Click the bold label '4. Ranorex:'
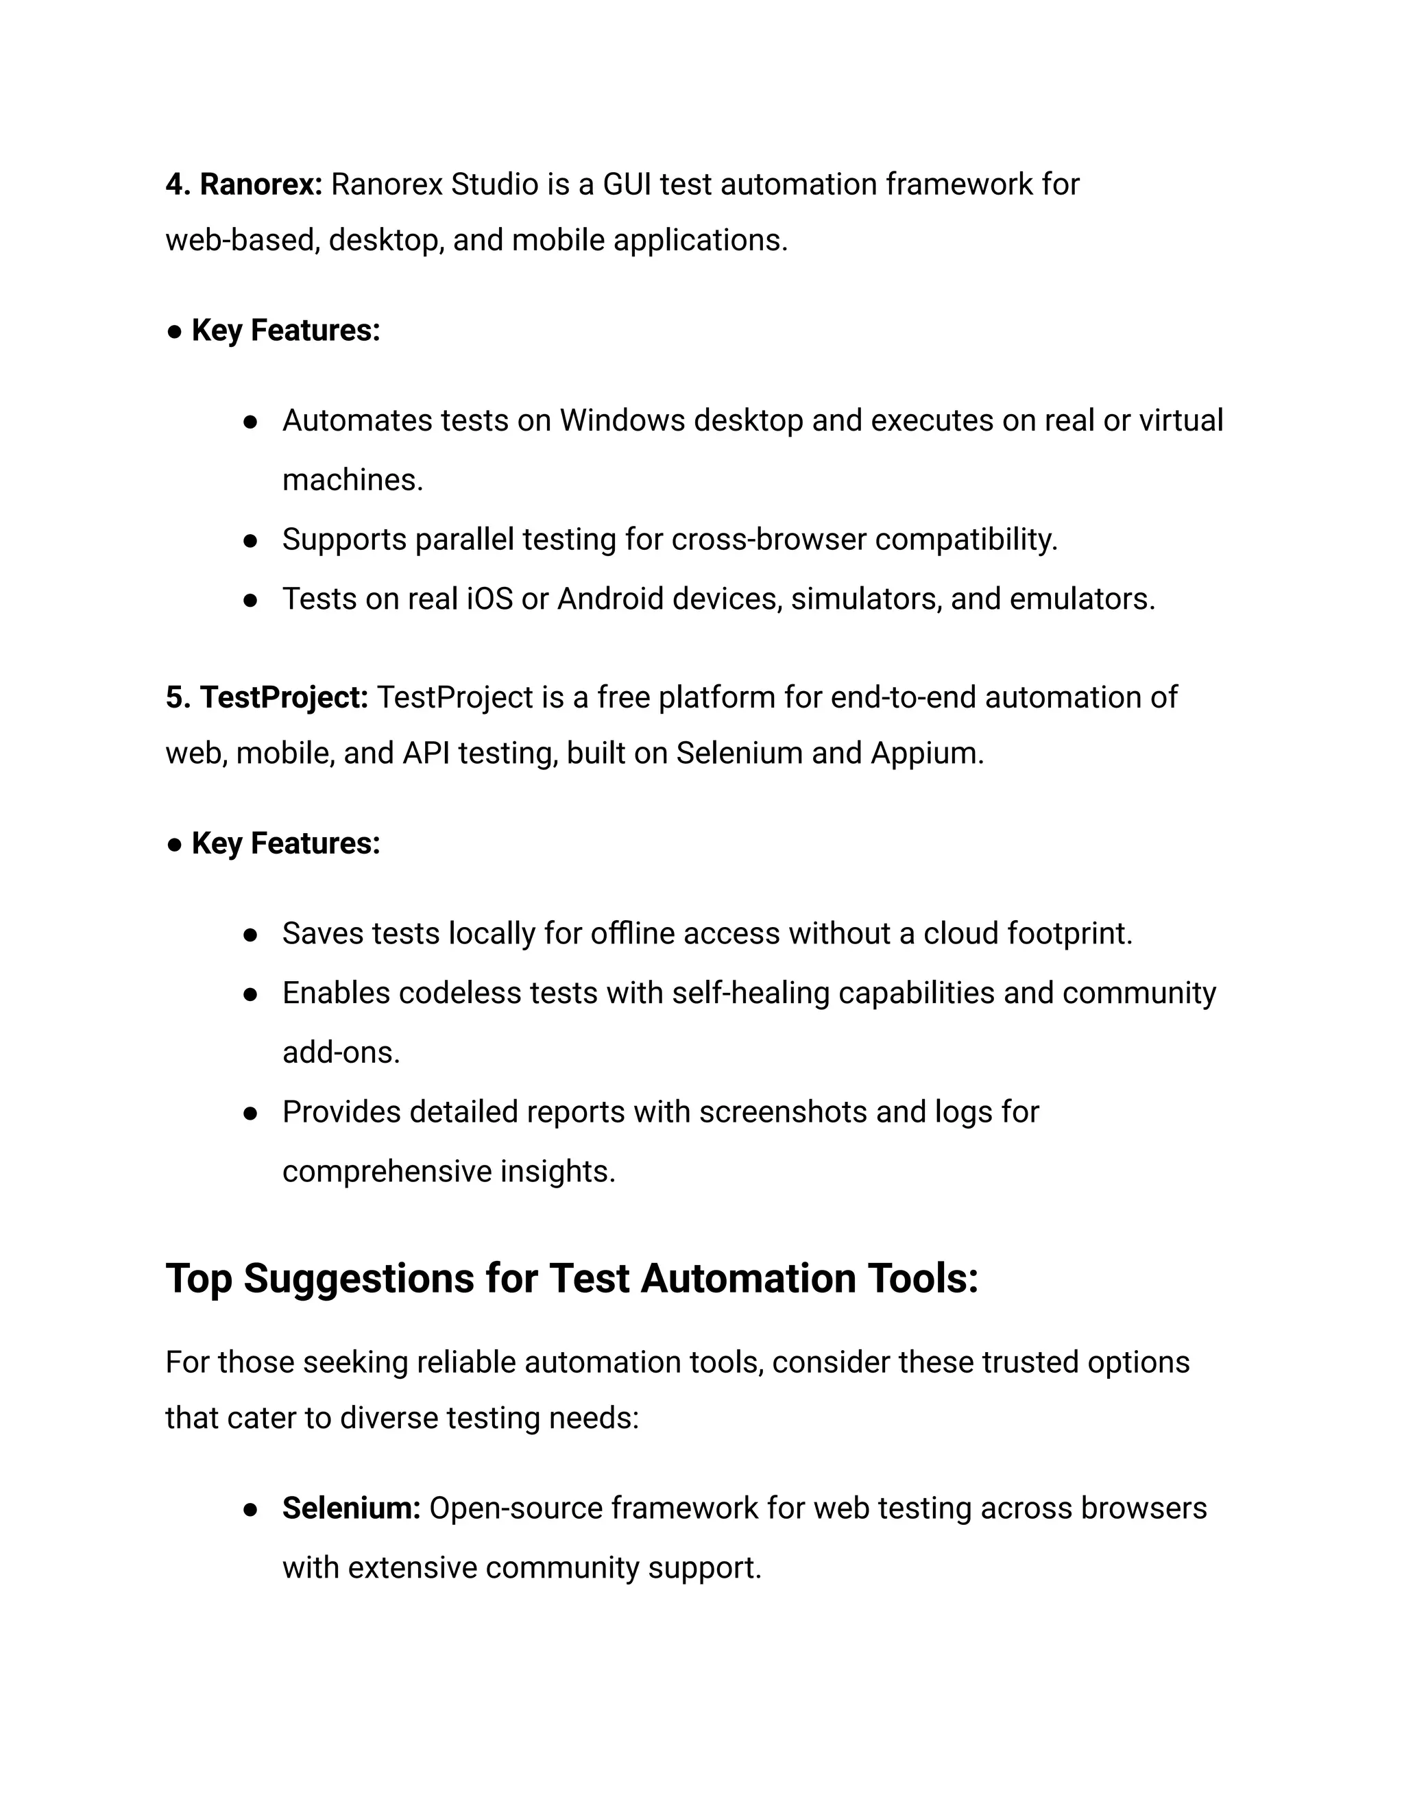tap(243, 184)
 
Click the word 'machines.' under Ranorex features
tap(352, 480)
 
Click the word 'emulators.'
tap(1082, 599)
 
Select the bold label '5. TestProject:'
tap(267, 698)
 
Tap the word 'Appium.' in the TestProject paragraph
tap(928, 754)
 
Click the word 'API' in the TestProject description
tap(426, 754)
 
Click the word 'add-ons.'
tap(341, 1053)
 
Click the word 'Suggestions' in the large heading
tap(359, 1279)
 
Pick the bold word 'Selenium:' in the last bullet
tap(351, 1508)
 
